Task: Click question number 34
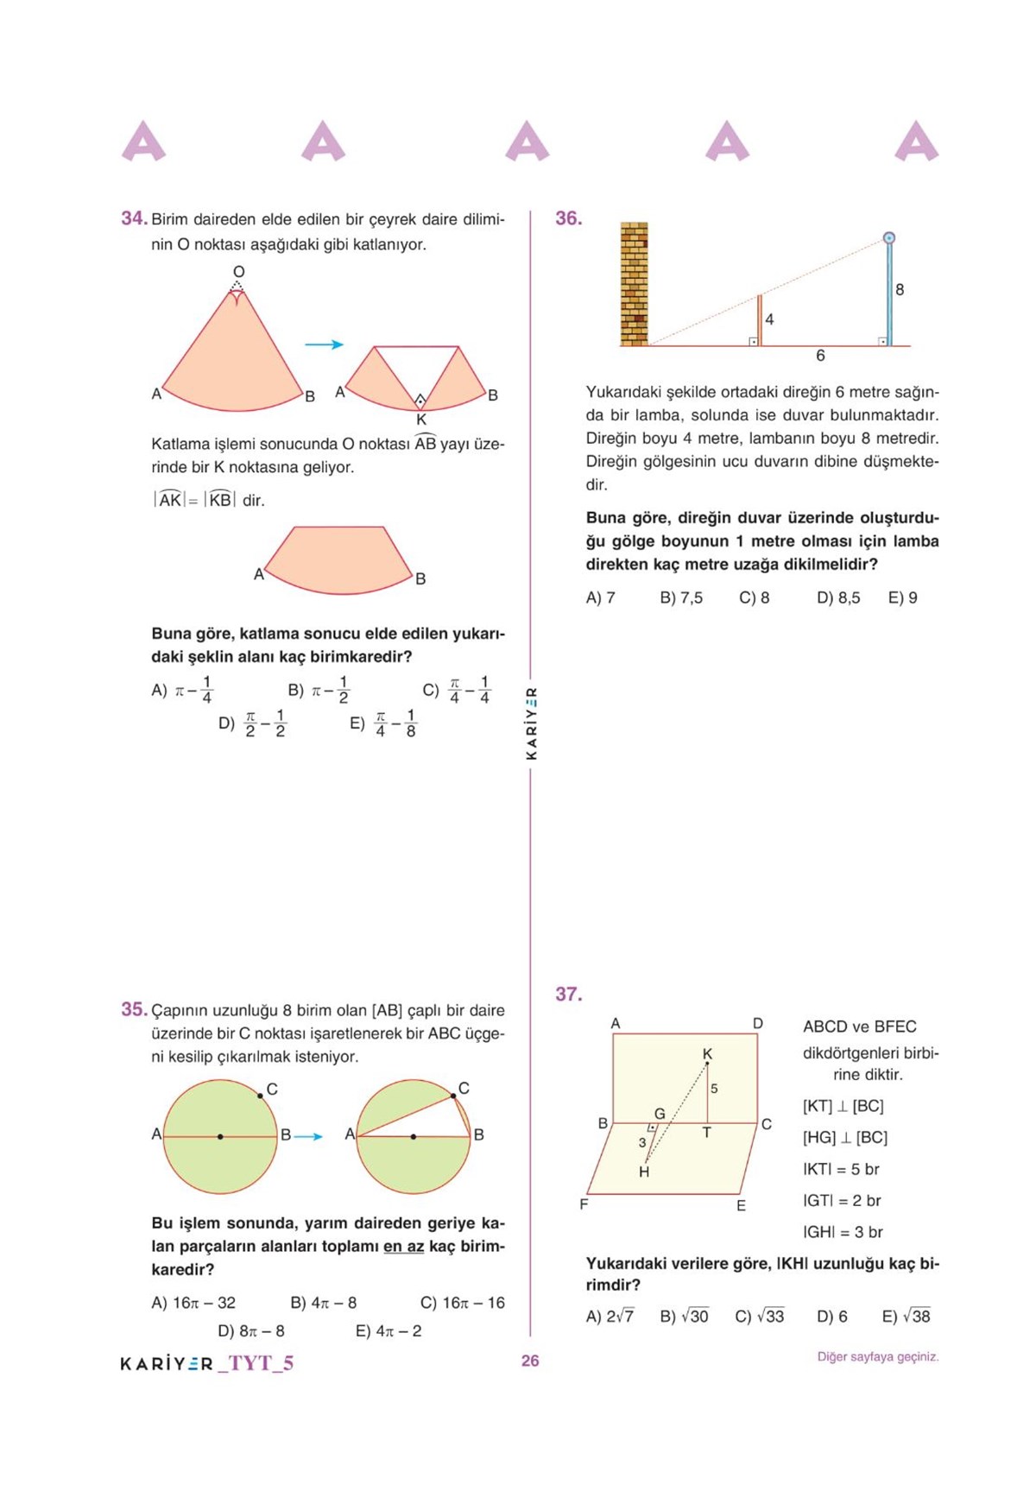[x=134, y=218]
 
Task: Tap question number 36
[x=568, y=218]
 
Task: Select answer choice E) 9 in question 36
[x=902, y=597]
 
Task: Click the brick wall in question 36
[x=634, y=284]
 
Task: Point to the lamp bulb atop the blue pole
[x=888, y=238]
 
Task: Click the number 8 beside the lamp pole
[x=900, y=290]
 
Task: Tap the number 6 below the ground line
[x=820, y=356]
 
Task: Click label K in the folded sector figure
[x=421, y=420]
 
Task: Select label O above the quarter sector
[x=238, y=272]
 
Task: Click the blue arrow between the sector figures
[x=324, y=344]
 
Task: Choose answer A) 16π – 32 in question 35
[x=193, y=1303]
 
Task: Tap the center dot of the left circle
[x=220, y=1137]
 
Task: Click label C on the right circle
[x=464, y=1088]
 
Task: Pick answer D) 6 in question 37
[x=831, y=1317]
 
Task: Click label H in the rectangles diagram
[x=644, y=1172]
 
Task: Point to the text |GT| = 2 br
[x=842, y=1201]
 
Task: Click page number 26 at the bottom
[x=530, y=1361]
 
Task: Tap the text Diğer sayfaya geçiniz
[x=877, y=1357]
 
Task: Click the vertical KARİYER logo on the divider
[x=532, y=723]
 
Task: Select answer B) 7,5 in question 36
[x=681, y=597]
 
